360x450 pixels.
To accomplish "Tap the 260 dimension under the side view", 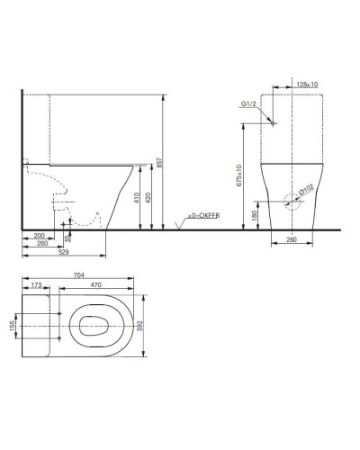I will (x=41, y=244).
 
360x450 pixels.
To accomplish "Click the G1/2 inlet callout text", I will (x=250, y=104).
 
